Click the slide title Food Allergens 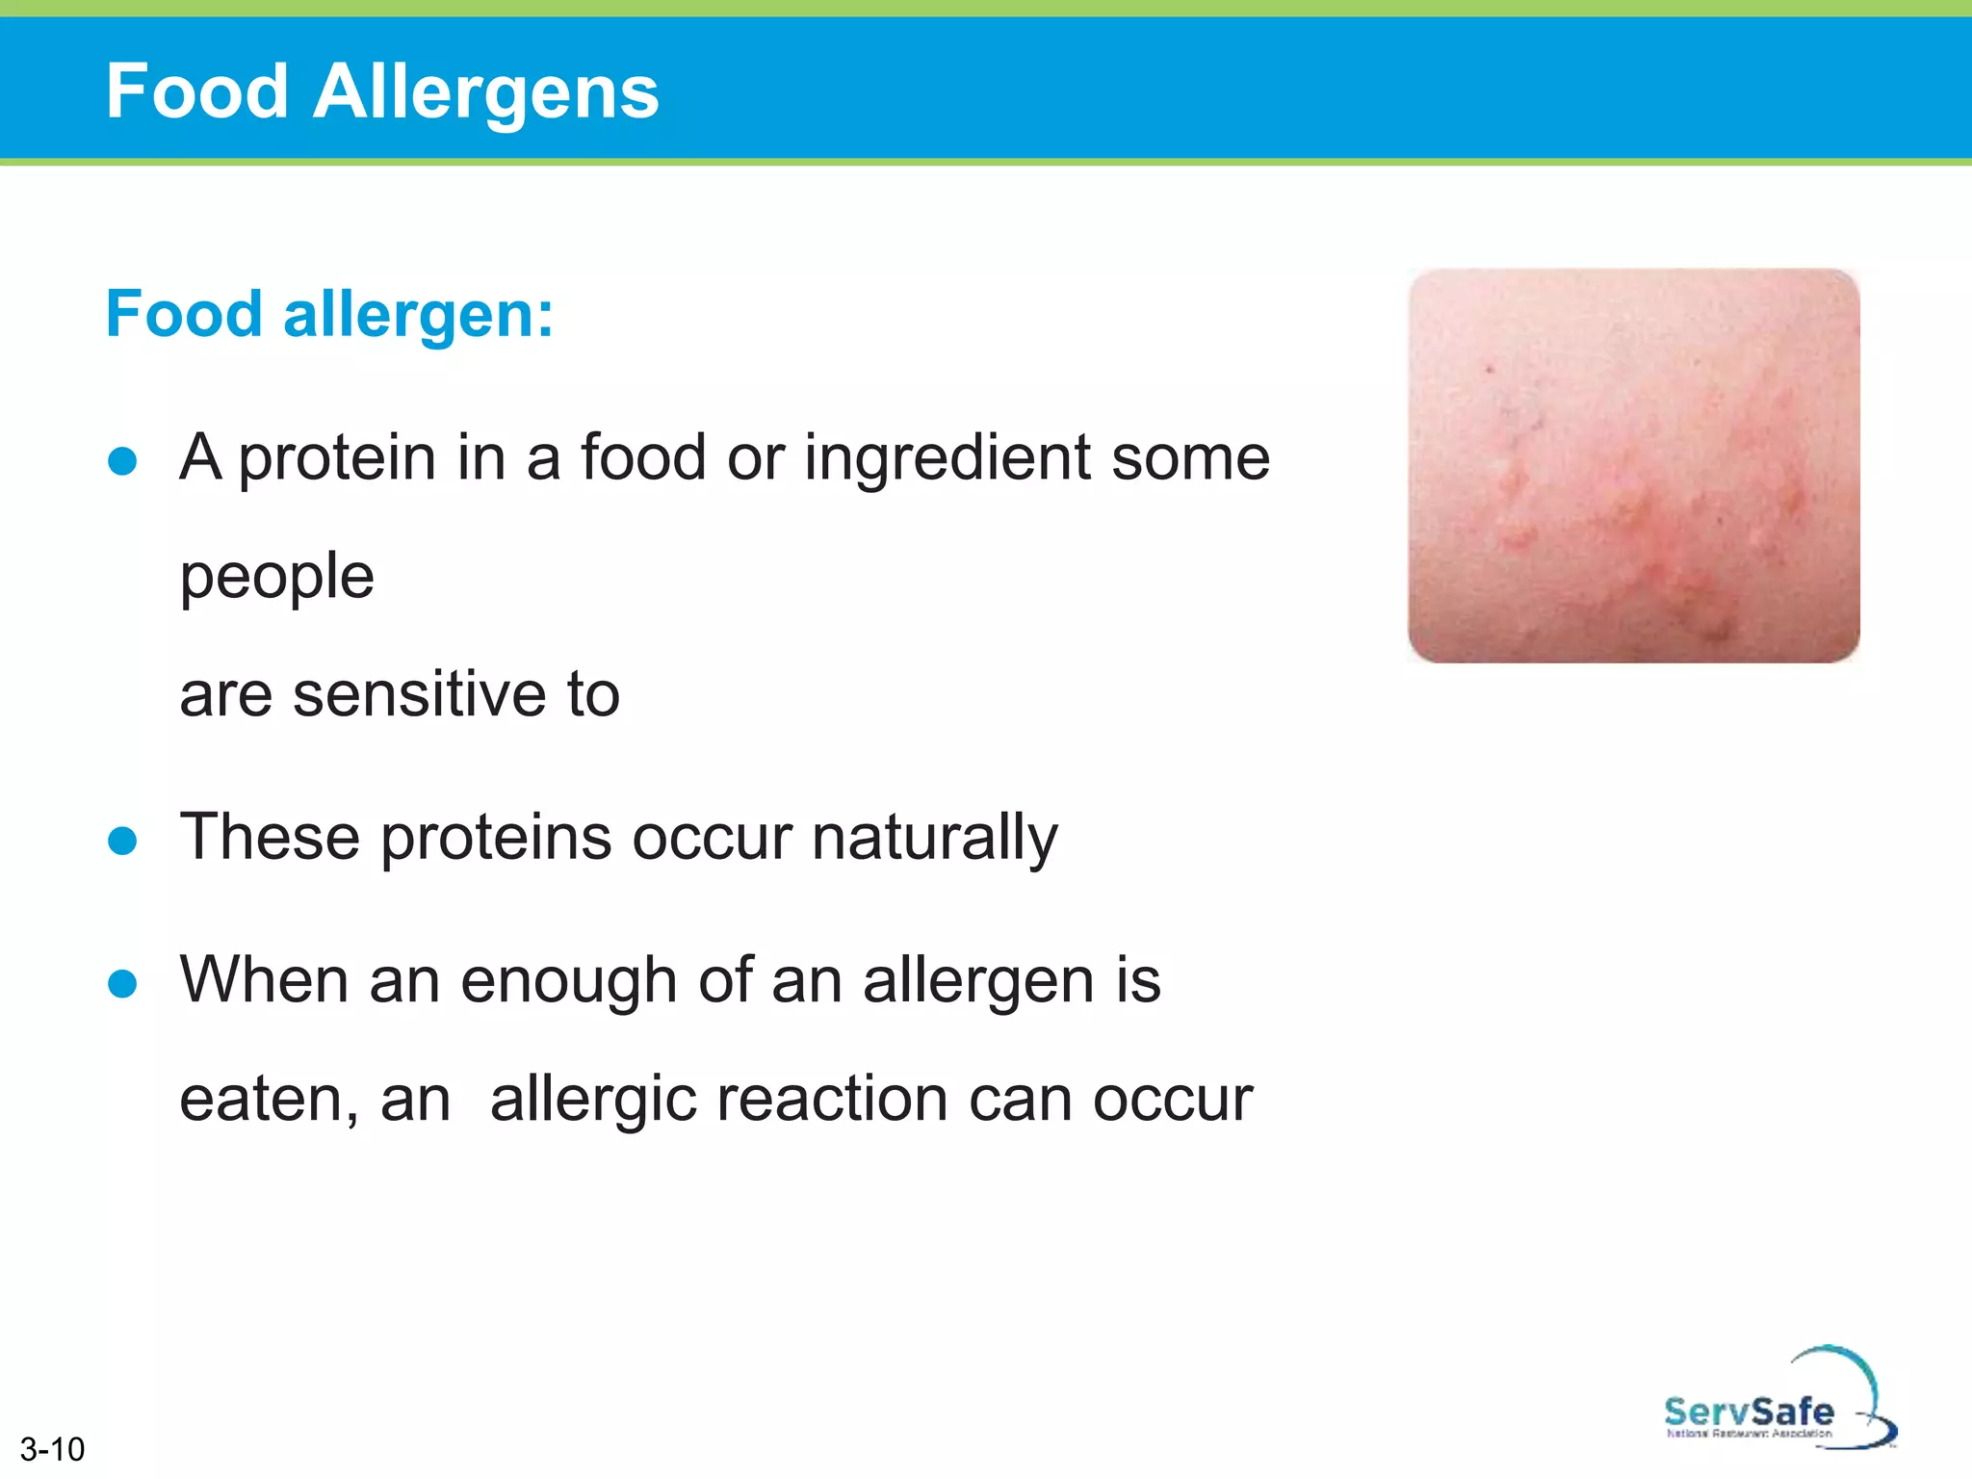(x=382, y=91)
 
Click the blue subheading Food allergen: (x=329, y=314)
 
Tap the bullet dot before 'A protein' (x=122, y=460)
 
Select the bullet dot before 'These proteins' (x=122, y=841)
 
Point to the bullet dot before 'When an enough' (x=122, y=983)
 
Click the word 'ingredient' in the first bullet (x=947, y=458)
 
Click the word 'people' (x=277, y=577)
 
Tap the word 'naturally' (x=934, y=838)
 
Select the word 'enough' (x=569, y=981)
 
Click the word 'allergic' (x=593, y=1100)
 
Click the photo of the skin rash (x=1633, y=465)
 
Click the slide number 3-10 (x=52, y=1449)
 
